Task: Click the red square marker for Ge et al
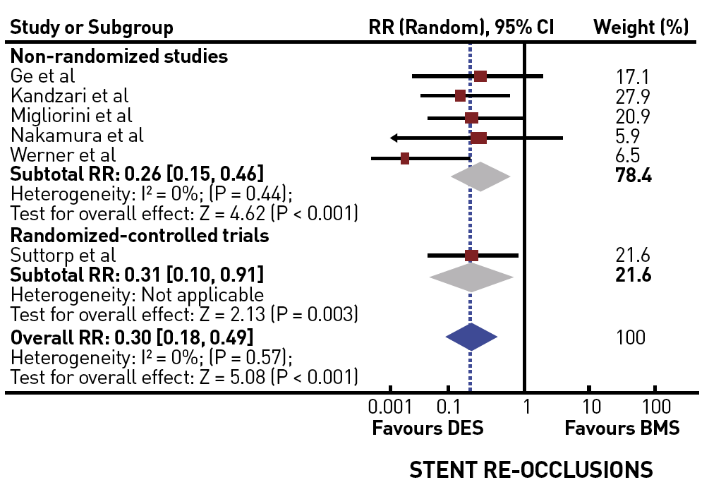480,76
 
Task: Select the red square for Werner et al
405,158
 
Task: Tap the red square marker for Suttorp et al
472,256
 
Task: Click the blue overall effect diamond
471,337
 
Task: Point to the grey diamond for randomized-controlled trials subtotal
472,276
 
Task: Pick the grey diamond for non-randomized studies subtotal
480,176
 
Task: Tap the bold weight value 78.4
633,175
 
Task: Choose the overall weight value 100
630,337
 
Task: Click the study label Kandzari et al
70,95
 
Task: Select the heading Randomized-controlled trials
140,235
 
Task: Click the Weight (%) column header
641,28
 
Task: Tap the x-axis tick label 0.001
389,407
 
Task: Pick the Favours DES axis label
428,428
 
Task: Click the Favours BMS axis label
622,428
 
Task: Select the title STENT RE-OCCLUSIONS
531,470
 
